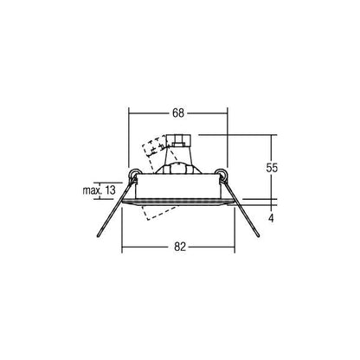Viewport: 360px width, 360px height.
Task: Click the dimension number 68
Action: pos(178,112)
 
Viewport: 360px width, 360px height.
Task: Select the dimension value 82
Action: pos(180,247)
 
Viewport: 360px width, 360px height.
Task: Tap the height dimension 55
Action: pos(272,167)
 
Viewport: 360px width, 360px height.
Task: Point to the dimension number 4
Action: pos(271,218)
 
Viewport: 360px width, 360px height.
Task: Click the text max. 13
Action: pos(99,190)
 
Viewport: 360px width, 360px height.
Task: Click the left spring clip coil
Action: pos(133,174)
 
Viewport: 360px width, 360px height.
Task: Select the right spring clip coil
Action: pos(222,173)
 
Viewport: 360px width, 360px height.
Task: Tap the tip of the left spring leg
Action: pos(99,236)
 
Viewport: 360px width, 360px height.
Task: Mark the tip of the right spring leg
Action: pos(258,235)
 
